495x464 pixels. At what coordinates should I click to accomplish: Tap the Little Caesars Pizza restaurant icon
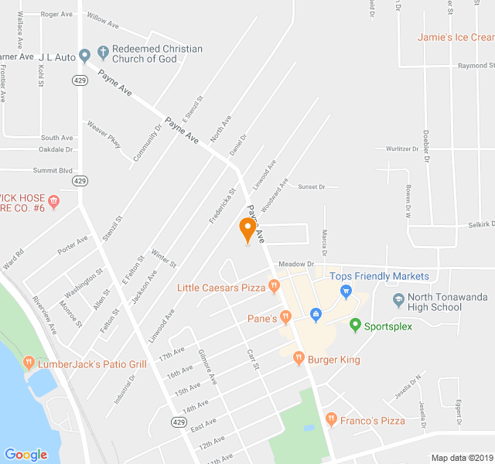tap(274, 288)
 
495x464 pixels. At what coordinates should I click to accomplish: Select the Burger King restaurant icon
tap(299, 359)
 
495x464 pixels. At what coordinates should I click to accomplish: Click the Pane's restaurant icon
tap(285, 317)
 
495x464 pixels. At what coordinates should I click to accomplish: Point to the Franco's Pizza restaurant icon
tap(331, 420)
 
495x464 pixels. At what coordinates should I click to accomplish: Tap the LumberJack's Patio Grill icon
tap(29, 363)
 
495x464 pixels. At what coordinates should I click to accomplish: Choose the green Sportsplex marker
tap(355, 326)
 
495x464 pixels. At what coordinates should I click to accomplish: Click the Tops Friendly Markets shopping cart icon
tap(346, 291)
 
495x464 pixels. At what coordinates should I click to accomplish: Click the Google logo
tap(26, 455)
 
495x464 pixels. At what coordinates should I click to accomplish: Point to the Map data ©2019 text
tap(461, 458)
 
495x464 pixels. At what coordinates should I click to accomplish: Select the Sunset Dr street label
tap(312, 186)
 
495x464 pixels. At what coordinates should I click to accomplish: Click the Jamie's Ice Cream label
tap(455, 37)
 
